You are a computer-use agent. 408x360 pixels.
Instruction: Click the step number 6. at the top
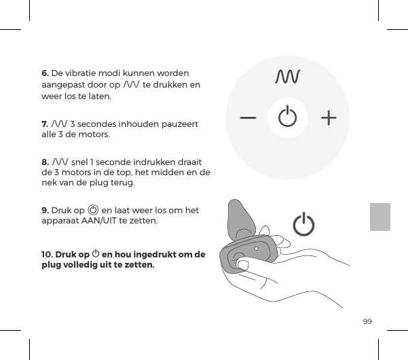45,73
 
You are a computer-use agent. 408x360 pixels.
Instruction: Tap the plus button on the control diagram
329,118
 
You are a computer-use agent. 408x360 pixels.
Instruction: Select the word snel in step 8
79,162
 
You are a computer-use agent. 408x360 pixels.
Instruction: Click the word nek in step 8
50,183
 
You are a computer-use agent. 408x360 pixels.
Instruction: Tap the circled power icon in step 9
93,211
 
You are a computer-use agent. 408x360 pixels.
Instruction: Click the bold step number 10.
50,255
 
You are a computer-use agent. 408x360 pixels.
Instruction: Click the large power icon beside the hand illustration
305,225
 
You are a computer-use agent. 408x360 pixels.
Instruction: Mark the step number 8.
45,162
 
